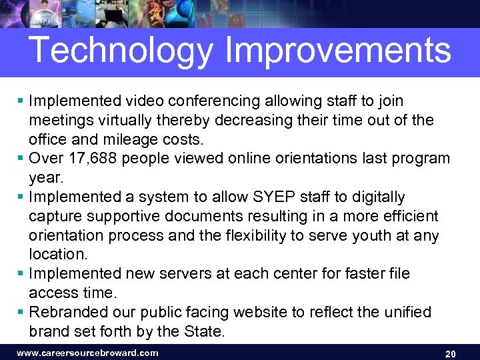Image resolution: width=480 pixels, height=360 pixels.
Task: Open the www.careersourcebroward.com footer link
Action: pyautogui.click(x=87, y=353)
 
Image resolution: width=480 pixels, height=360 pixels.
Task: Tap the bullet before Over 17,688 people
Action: pyautogui.click(x=21, y=159)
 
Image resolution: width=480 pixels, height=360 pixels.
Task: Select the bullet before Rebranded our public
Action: pyautogui.click(x=21, y=312)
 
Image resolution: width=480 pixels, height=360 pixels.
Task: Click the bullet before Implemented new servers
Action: pyautogui.click(x=21, y=274)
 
